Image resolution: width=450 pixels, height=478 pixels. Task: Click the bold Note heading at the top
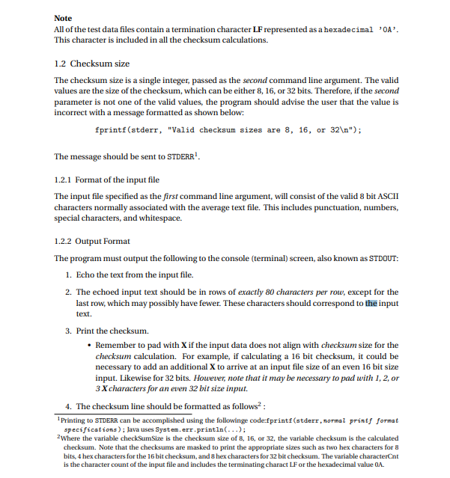point(64,17)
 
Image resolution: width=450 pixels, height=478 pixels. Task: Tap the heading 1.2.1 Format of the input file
point(107,180)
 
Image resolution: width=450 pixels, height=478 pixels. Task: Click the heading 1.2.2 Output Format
point(92,242)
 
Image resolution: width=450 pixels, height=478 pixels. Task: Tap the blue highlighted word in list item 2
point(371,304)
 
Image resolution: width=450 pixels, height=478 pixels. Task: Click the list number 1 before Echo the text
point(68,275)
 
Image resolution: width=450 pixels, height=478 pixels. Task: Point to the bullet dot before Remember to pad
point(89,345)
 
